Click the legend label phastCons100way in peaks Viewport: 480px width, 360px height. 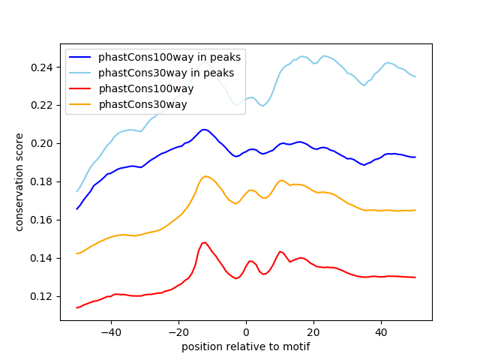(x=169, y=57)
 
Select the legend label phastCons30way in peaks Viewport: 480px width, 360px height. (x=166, y=73)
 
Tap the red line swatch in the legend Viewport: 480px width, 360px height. (x=80, y=88)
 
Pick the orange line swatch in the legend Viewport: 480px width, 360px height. (x=80, y=104)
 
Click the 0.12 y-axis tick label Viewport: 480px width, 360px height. (x=42, y=297)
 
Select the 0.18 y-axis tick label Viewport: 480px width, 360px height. (x=42, y=181)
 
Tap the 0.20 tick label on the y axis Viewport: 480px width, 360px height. (x=42, y=143)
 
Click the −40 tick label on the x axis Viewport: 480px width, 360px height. (x=111, y=332)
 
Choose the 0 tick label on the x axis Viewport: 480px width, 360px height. (x=246, y=332)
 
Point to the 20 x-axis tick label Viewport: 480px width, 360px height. (x=313, y=332)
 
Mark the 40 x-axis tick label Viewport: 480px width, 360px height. (x=382, y=332)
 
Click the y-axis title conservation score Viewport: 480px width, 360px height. (x=19, y=182)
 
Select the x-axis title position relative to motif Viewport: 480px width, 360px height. (x=246, y=346)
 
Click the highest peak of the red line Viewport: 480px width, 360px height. (x=205, y=242)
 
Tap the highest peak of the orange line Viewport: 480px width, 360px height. (x=205, y=176)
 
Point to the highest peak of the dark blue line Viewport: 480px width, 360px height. (x=205, y=130)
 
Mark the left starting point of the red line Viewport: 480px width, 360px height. (x=76, y=308)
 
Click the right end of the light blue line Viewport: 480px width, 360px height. (x=415, y=76)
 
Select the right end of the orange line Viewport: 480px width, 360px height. (x=415, y=210)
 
